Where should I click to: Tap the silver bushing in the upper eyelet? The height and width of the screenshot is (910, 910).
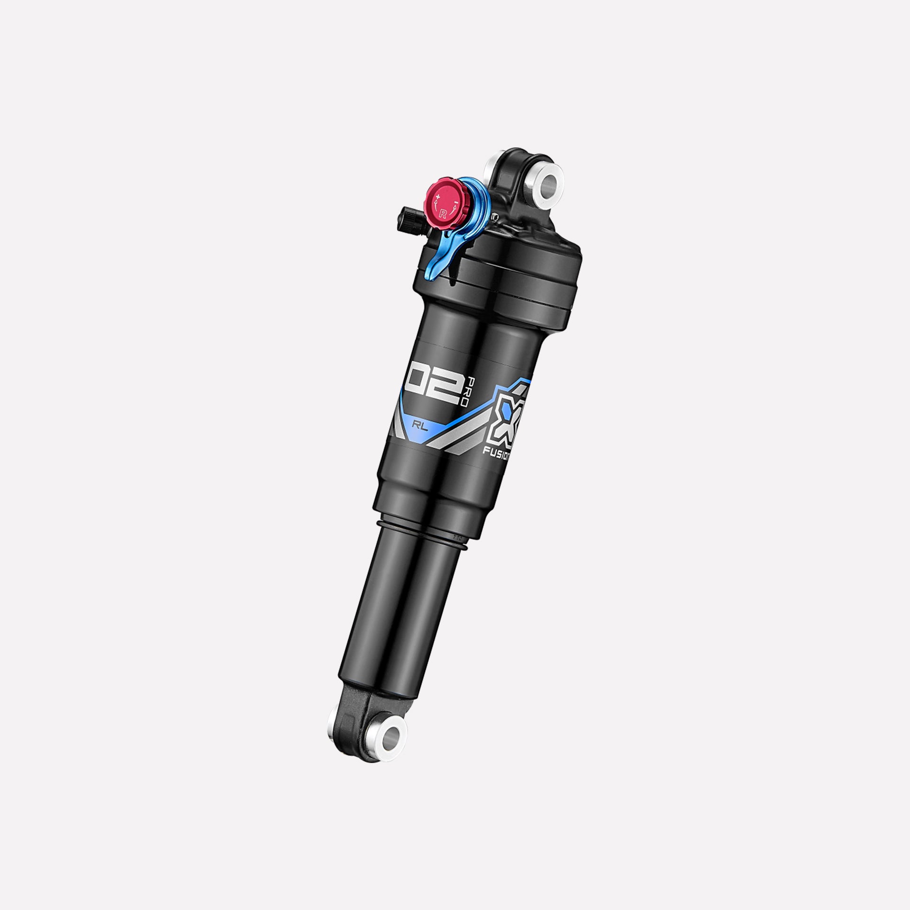tap(550, 181)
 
